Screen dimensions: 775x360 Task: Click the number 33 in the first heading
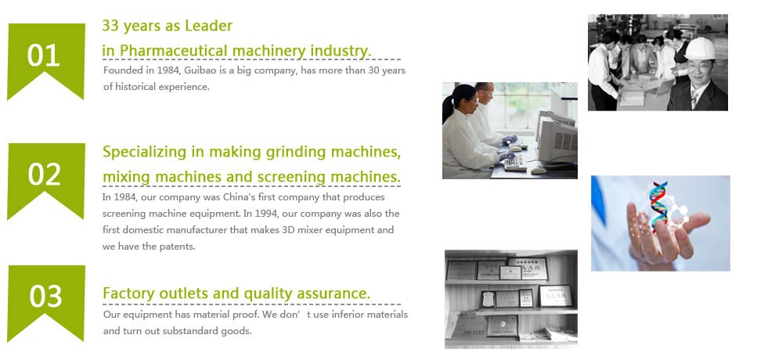[110, 26]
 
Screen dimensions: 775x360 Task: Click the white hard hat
[700, 49]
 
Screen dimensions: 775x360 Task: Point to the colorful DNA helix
[659, 204]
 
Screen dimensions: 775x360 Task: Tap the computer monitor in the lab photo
[557, 142]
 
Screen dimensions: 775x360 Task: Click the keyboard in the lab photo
[516, 162]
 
